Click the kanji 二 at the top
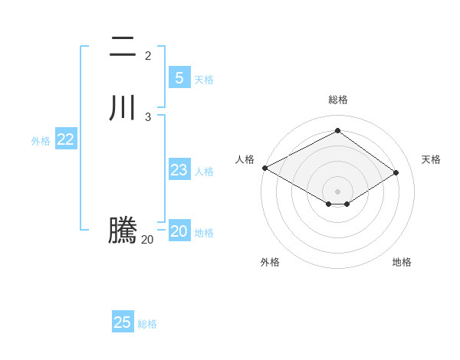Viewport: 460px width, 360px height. coord(122,47)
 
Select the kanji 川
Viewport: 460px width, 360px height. coord(122,108)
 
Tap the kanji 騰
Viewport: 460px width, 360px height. coord(122,231)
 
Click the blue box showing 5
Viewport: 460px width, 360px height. coord(179,77)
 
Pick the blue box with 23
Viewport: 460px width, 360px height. coord(179,170)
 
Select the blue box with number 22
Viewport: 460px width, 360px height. coord(65,139)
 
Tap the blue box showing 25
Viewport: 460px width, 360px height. coord(123,322)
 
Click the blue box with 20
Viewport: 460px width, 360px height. coord(179,231)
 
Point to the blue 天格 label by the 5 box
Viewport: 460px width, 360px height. coord(204,80)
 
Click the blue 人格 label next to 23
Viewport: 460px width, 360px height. coord(204,172)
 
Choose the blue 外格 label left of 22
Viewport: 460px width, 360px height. coord(41,141)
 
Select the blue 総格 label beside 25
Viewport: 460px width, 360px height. coord(147,324)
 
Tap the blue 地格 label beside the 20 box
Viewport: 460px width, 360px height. coord(204,233)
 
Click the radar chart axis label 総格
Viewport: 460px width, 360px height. coord(338,100)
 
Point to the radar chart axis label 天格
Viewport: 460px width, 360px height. coord(431,159)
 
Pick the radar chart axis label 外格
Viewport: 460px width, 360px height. coord(270,262)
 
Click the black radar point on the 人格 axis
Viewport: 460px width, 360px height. coord(264,168)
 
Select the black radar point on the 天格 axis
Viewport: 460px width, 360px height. coord(396,172)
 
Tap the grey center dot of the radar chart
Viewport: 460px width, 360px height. coord(337,191)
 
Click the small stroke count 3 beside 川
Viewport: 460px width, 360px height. coord(148,116)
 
